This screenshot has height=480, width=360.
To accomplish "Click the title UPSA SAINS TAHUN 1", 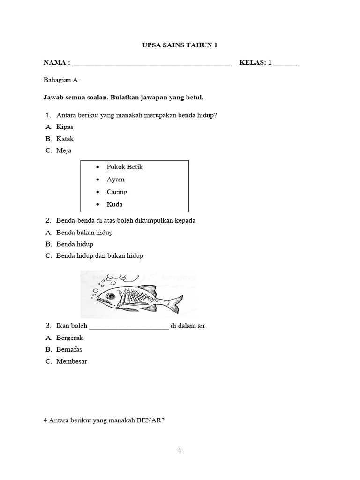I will [180, 45].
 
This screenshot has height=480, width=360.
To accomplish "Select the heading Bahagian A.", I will [61, 80].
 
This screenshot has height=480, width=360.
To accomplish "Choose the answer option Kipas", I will [65, 127].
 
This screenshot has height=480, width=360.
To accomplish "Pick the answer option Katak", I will [65, 139].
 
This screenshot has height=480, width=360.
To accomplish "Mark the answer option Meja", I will [64, 150].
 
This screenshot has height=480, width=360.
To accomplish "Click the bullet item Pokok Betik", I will [125, 167].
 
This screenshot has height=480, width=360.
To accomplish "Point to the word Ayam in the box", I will [116, 180].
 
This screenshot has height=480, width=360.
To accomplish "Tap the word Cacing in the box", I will [117, 192].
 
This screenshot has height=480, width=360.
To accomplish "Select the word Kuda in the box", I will [115, 204].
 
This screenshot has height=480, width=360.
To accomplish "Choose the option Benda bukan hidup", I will [84, 232].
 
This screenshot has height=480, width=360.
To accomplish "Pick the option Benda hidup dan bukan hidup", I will [100, 256].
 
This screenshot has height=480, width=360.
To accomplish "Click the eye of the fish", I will [111, 296].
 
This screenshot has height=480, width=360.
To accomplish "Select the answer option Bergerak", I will [69, 338].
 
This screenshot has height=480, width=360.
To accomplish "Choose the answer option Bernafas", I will [69, 350].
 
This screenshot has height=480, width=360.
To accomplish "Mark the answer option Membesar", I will [71, 361].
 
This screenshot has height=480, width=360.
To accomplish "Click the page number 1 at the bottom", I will [180, 451].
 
